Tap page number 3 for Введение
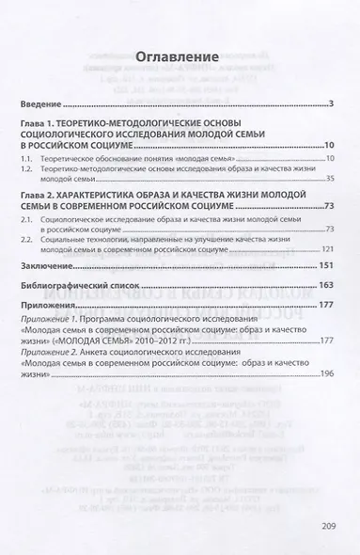[333, 102]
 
